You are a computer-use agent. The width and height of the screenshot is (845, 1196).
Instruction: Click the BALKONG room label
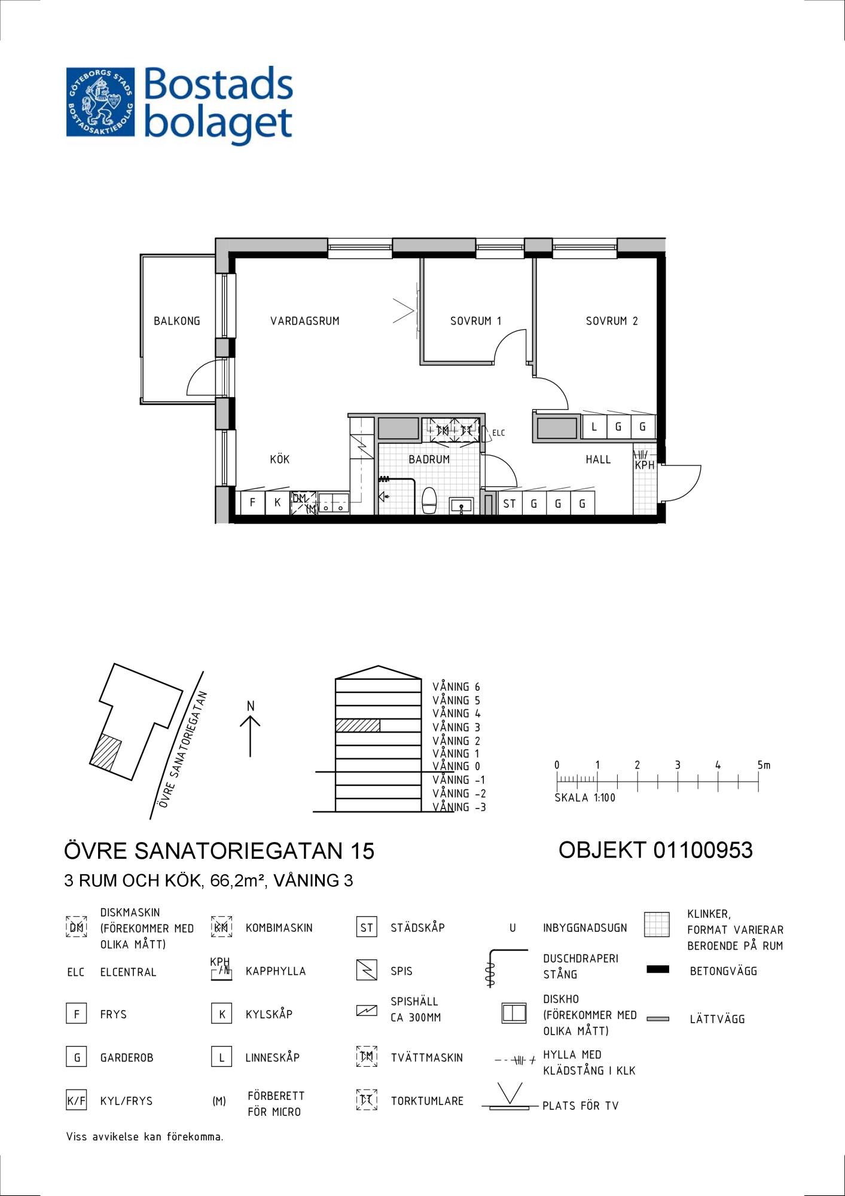pos(176,321)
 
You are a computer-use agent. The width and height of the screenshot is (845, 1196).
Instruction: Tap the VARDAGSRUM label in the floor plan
pos(305,321)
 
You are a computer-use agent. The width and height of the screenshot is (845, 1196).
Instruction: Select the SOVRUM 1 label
pos(475,321)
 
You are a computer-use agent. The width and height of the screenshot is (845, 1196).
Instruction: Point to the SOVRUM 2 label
pos(612,321)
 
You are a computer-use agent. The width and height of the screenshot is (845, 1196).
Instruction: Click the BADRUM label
pos(429,459)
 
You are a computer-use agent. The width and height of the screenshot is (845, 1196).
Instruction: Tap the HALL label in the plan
pos(598,459)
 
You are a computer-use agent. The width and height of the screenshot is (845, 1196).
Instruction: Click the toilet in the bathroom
pos(429,500)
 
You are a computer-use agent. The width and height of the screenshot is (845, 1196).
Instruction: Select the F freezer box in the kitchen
pos(252,502)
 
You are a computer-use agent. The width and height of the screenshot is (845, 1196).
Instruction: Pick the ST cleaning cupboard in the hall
pos(510,504)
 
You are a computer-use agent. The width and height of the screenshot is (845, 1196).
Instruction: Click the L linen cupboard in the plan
pos(594,427)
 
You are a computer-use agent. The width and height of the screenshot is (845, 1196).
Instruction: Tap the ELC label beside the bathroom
pos(499,433)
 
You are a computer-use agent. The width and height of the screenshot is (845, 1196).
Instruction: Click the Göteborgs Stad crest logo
pos(100,102)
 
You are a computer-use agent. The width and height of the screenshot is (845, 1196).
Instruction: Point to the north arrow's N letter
pos(251,706)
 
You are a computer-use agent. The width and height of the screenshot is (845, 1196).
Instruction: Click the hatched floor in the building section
pos(358,725)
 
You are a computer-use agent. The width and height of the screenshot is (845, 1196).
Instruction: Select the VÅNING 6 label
pos(456,687)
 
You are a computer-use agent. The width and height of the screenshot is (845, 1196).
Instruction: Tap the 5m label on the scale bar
pos(764,765)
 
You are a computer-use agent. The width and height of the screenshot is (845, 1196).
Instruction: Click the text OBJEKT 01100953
pos(655,850)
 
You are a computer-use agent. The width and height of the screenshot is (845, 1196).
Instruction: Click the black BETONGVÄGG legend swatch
pos(658,969)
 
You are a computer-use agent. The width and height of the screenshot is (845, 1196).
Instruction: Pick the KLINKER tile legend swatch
pos(657,925)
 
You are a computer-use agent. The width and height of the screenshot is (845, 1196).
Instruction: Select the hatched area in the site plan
pos(106,752)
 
